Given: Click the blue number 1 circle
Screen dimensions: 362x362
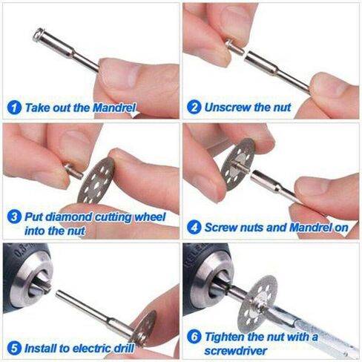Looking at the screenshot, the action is [14, 108].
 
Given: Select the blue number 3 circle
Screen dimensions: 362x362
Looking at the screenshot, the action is [14, 217].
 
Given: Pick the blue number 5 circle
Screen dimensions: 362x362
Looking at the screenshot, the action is [14, 348].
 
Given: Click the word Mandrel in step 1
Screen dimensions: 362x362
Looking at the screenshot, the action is [114, 108].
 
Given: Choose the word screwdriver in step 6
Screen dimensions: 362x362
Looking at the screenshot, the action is [236, 351].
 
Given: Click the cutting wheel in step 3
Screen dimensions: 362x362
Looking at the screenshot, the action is [96, 180].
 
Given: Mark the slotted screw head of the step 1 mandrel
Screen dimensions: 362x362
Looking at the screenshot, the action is [37, 35].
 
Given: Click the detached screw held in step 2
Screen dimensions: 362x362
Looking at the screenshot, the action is [234, 47].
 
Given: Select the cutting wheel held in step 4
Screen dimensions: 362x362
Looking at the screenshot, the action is [238, 165].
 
